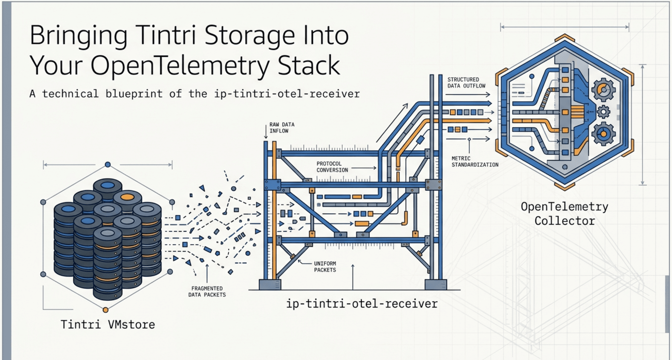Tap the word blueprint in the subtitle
[x=134, y=94]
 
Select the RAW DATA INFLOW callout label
[x=282, y=128]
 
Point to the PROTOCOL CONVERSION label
[x=332, y=167]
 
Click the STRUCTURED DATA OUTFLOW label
[x=466, y=83]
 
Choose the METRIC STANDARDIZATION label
[x=475, y=162]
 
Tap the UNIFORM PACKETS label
[x=325, y=267]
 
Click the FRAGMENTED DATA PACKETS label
[x=207, y=292]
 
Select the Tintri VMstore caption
[x=108, y=324]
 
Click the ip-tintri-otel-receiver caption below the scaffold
[x=362, y=303]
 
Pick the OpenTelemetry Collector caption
[x=564, y=214]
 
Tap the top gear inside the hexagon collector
[x=603, y=90]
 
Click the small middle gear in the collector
[x=603, y=112]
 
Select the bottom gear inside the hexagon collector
[x=603, y=134]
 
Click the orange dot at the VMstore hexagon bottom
[x=105, y=310]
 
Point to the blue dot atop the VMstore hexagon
[x=108, y=165]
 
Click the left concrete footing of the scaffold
[x=270, y=285]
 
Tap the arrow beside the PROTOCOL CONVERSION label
[x=364, y=168]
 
